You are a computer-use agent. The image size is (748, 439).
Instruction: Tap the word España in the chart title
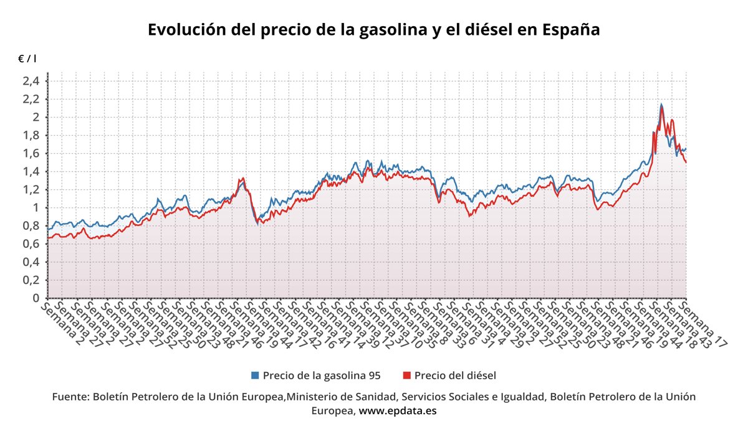click(571, 29)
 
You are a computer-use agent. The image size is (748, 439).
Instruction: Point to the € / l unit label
click(27, 59)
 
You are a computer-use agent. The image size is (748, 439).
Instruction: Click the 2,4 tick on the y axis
click(31, 81)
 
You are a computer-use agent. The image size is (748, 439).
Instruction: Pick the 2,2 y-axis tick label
click(31, 99)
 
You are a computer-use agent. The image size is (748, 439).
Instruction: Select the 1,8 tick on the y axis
click(31, 135)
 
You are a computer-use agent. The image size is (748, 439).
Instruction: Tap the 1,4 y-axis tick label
click(31, 171)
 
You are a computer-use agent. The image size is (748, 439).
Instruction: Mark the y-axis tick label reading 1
click(36, 208)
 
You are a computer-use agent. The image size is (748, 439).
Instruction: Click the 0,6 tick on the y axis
click(31, 244)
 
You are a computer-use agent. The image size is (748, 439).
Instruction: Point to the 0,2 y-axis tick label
click(31, 280)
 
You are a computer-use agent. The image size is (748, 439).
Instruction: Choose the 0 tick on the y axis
click(36, 298)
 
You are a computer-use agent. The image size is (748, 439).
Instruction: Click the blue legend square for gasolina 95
click(254, 375)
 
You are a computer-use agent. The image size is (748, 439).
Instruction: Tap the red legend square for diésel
click(407, 375)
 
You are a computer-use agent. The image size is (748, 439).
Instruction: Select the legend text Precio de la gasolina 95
click(321, 375)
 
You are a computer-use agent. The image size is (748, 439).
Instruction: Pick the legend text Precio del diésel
click(454, 375)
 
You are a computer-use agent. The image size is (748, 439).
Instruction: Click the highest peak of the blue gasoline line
click(661, 104)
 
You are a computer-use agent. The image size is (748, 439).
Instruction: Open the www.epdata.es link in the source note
click(398, 411)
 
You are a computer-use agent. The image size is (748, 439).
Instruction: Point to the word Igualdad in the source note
click(525, 397)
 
